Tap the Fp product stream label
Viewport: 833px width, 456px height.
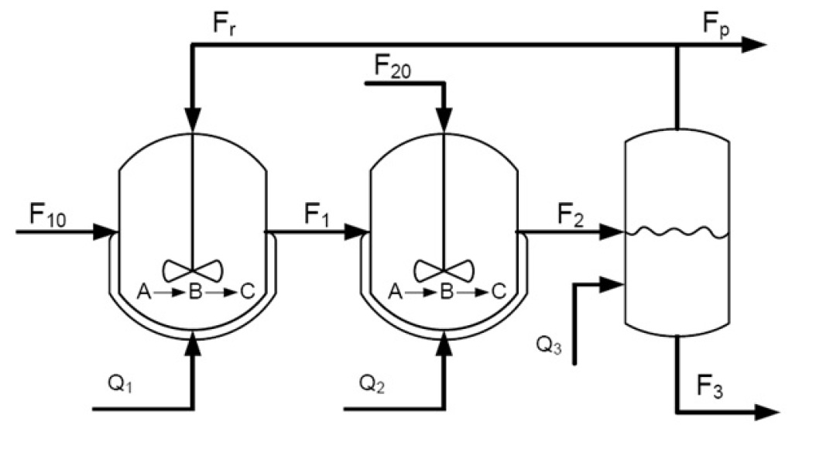tap(717, 25)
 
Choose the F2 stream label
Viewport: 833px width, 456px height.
tap(572, 214)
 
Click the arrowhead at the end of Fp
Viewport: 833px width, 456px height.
tap(754, 46)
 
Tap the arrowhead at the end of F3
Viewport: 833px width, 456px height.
tap(768, 412)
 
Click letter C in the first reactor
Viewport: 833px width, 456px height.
tap(247, 292)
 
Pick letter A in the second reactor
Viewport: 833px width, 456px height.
tap(393, 292)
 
